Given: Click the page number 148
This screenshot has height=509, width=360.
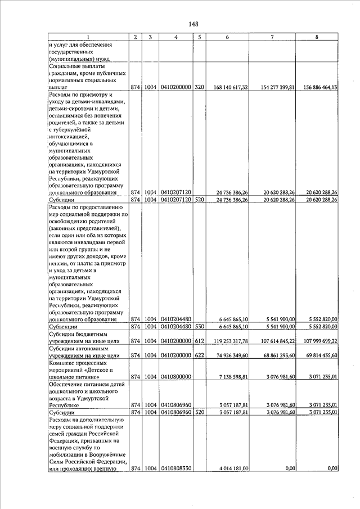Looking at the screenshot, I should tap(193, 24).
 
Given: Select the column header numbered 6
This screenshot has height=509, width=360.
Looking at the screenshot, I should tap(227, 37).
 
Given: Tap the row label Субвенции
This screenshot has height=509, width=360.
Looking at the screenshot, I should tap(64, 327).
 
